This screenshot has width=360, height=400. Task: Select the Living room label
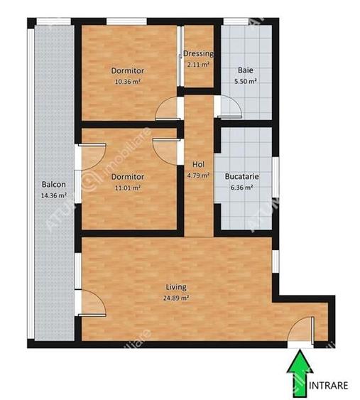(176, 287)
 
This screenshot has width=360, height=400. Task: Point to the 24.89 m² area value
(176, 298)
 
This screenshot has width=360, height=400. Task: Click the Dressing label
(198, 54)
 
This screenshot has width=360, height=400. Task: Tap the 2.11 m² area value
(198, 65)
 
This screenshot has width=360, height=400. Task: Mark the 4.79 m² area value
(198, 175)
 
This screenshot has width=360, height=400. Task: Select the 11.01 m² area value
(128, 188)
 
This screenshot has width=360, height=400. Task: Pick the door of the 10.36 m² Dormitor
(169, 107)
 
